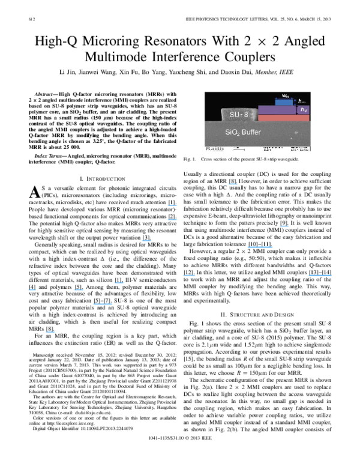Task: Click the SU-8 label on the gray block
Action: pos(238,114)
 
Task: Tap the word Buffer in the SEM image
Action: pos(251,132)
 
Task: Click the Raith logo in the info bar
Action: pos(214,148)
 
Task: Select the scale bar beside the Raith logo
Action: pos(238,148)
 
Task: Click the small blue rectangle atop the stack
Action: pos(284,102)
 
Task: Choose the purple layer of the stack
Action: pos(277,110)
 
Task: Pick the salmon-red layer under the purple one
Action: pos(283,118)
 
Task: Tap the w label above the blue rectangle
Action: pos(285,95)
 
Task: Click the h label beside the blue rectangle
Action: pos(302,101)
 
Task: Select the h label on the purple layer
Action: pos(304,110)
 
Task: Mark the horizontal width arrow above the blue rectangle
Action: pos(284,98)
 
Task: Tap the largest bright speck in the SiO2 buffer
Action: pos(296,132)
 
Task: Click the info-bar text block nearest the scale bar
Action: pos(272,148)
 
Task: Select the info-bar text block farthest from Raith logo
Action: pos(299,148)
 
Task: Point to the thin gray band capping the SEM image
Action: pos(257,92)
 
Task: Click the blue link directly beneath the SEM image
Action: pos(233,184)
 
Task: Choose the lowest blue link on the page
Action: pos(50,331)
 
